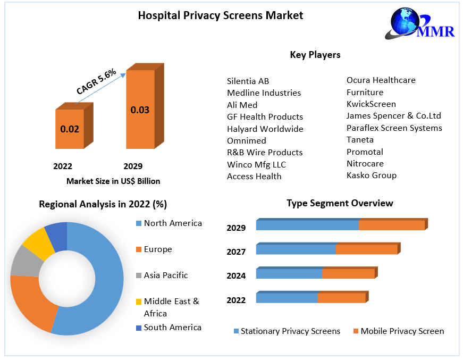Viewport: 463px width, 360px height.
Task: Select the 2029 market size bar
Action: pyautogui.click(x=140, y=109)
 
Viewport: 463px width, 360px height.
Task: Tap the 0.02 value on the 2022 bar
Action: pyautogui.click(x=70, y=129)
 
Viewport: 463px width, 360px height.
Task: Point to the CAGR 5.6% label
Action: pyautogui.click(x=96, y=82)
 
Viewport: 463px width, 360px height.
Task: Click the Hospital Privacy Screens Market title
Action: pyautogui.click(x=221, y=15)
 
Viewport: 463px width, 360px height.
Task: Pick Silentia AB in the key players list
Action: pyautogui.click(x=248, y=81)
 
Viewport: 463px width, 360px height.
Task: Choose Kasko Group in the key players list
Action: pyautogui.click(x=371, y=175)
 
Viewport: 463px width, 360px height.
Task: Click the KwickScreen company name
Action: pyautogui.click(x=371, y=104)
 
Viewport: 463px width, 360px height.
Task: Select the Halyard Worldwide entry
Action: pyautogui.click(x=265, y=129)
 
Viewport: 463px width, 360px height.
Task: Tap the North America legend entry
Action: pyautogui.click(x=173, y=223)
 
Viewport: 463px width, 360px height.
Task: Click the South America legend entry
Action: pyautogui.click(x=172, y=328)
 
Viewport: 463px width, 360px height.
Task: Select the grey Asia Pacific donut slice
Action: pyautogui.click(x=24, y=261)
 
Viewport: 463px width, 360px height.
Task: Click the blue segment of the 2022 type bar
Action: pyautogui.click(x=287, y=298)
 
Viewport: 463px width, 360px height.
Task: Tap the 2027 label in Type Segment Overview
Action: pyautogui.click(x=236, y=252)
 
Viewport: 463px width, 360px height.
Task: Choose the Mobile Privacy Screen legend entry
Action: pyautogui.click(x=402, y=331)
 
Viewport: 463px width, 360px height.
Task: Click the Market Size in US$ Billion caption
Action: pyautogui.click(x=113, y=181)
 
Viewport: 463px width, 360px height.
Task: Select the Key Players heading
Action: pyautogui.click(x=315, y=55)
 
